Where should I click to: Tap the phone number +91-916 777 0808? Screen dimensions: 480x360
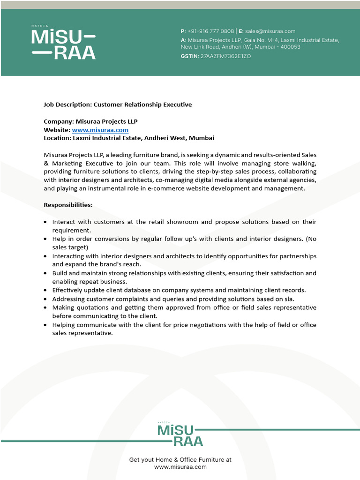click(210, 31)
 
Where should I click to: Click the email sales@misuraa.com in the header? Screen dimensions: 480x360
click(270, 31)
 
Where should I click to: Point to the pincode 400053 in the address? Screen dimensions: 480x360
click(290, 47)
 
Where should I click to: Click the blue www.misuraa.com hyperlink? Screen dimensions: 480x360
click(100, 130)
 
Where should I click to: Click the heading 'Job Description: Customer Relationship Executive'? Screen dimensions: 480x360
click(118, 105)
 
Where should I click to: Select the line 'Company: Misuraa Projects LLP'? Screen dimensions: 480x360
click(90, 121)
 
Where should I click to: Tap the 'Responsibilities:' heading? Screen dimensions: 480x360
click(68, 205)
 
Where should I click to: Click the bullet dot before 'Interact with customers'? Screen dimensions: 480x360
click(45, 222)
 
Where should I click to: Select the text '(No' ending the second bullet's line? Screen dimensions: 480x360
click(311, 239)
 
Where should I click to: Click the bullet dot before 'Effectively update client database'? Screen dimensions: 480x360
click(45, 291)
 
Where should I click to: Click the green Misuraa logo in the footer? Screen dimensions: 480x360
click(180, 435)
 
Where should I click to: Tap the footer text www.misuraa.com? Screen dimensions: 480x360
click(180, 467)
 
